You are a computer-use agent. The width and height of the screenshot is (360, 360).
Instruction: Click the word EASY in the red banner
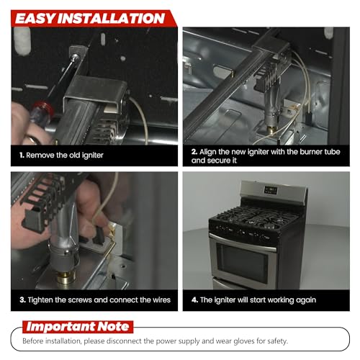coord(35,19)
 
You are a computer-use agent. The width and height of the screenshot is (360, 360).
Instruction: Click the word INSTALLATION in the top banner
coord(111,19)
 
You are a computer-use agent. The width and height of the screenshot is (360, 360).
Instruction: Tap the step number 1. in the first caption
coord(22,156)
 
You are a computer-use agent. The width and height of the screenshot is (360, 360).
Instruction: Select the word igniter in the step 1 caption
coord(93,156)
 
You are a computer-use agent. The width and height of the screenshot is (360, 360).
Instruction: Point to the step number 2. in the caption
coord(194,152)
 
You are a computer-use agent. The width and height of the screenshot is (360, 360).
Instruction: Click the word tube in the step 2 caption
coord(332,152)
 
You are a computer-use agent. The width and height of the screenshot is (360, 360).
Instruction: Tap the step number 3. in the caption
coord(22,300)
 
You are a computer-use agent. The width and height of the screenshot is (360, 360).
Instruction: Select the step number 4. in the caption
coord(194,300)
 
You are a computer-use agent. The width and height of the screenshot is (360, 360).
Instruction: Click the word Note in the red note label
coord(114,327)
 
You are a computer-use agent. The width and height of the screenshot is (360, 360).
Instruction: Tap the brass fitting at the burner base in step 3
coord(66,278)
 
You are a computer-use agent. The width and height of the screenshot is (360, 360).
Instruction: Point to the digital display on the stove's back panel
coord(271,190)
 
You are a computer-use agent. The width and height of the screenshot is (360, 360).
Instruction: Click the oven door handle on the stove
coord(243,243)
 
